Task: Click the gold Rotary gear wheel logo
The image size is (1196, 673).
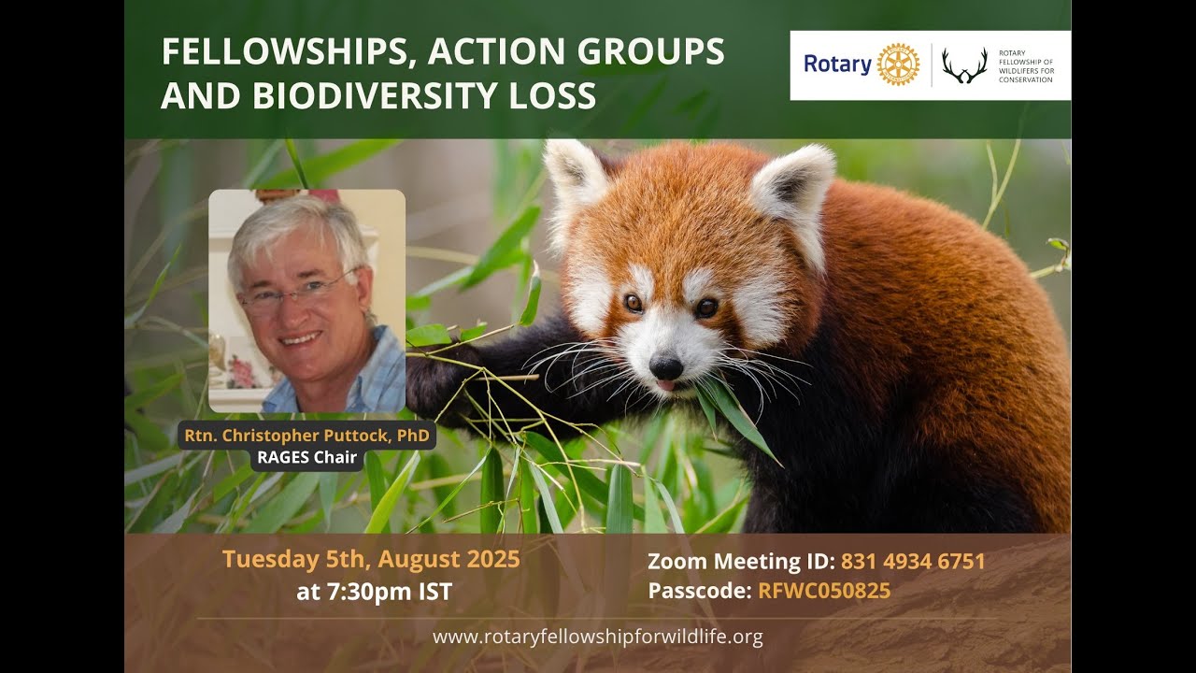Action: [898, 64]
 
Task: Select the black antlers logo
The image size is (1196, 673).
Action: [964, 65]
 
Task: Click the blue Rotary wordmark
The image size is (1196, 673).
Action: [837, 64]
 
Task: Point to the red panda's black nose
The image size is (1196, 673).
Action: [665, 365]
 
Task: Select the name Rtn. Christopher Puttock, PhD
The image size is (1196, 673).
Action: [306, 436]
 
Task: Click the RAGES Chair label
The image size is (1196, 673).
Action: [306, 459]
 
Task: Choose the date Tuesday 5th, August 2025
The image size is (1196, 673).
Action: [371, 560]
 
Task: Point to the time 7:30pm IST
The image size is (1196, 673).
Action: [374, 592]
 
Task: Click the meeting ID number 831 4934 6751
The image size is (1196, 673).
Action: [913, 562]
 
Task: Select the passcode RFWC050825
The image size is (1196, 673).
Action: [824, 591]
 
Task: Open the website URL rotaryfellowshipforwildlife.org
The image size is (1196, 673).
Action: [598, 637]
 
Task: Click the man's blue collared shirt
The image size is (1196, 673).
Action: [374, 379]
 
